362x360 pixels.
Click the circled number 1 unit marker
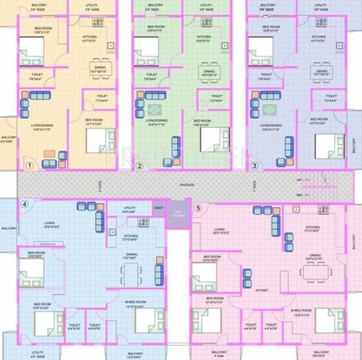coord(28,164)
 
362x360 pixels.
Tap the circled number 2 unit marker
coord(140,166)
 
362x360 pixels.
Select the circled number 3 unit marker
coord(255,165)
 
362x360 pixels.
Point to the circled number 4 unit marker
coord(25,204)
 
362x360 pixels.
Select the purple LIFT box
coord(177,213)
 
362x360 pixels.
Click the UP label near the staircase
coord(298,180)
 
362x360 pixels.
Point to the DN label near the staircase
coord(298,194)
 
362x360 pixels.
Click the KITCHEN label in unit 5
coord(311,227)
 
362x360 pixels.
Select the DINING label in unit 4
coord(130,256)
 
